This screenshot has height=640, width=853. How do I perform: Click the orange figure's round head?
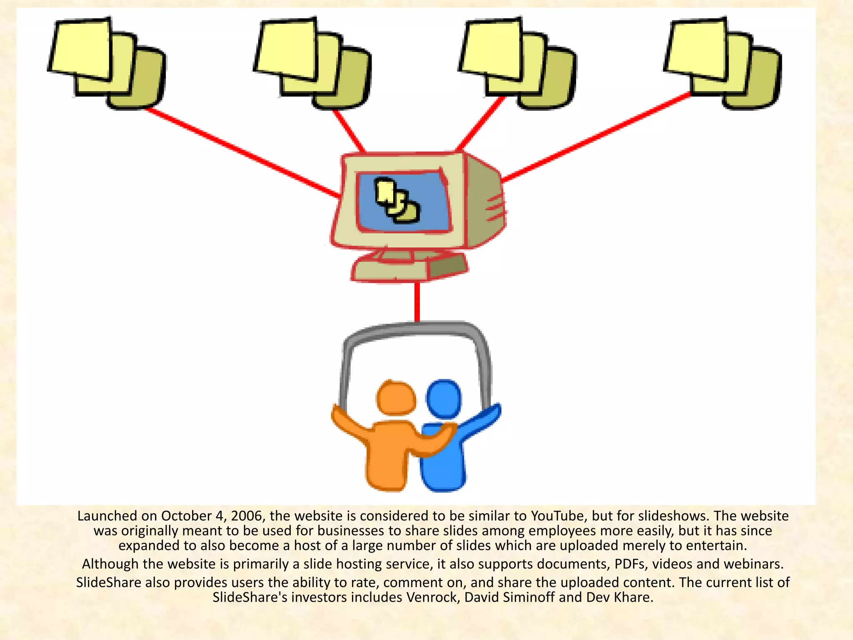click(x=396, y=398)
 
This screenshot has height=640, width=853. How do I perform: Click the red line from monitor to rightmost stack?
click(x=596, y=137)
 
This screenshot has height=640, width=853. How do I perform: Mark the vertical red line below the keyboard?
click(x=417, y=302)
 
